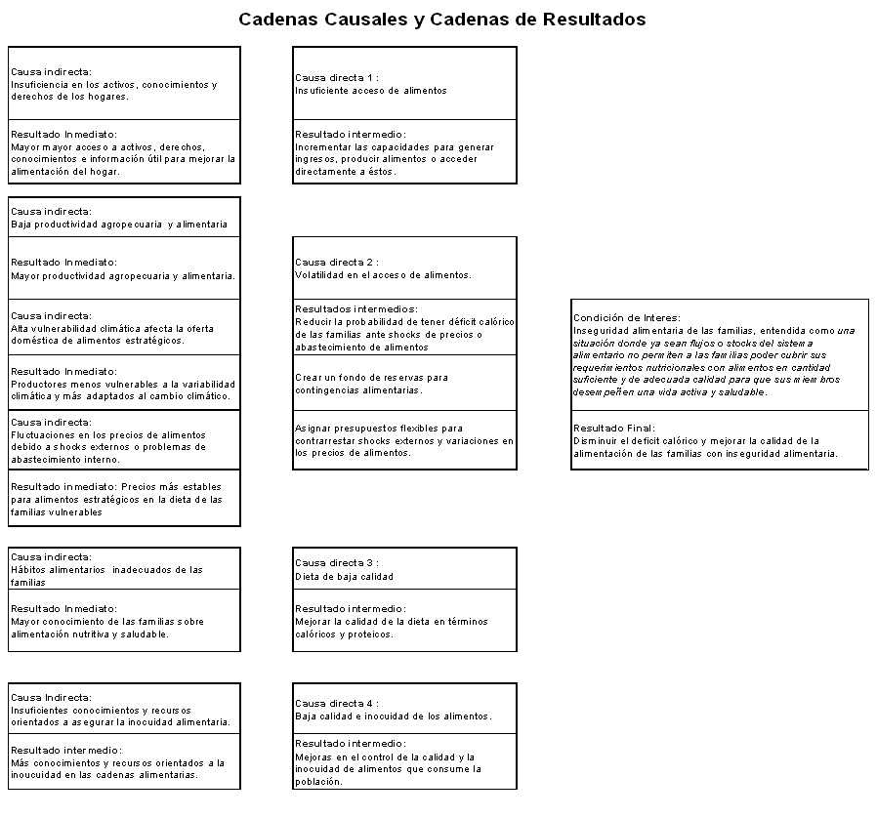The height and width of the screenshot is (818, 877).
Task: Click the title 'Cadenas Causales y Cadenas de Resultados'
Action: pyautogui.click(x=441, y=20)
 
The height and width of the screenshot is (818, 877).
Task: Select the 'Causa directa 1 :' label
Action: pyautogui.click(x=336, y=78)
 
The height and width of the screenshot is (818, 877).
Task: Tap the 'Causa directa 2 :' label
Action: pyautogui.click(x=336, y=263)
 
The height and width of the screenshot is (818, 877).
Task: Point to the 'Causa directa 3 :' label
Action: pyautogui.click(x=336, y=563)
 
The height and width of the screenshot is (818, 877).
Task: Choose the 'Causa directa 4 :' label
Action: pyautogui.click(x=336, y=704)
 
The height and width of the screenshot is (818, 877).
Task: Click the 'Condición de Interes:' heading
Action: pyautogui.click(x=626, y=318)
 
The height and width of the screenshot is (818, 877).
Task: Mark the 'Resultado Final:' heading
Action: pyautogui.click(x=613, y=429)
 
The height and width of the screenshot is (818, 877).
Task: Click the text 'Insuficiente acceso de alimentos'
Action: pyautogui.click(x=371, y=91)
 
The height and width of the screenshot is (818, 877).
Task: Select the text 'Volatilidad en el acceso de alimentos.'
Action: pyautogui.click(x=383, y=275)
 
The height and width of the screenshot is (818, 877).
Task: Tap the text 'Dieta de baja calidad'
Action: pyautogui.click(x=345, y=577)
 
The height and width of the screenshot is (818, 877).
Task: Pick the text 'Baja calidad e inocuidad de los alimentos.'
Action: pyautogui.click(x=393, y=716)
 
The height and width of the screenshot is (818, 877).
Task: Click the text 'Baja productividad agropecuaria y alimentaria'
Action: pyautogui.click(x=119, y=225)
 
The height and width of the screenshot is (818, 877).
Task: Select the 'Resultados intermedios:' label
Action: pyautogui.click(x=355, y=309)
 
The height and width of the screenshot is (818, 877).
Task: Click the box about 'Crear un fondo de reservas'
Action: pyautogui.click(x=404, y=383)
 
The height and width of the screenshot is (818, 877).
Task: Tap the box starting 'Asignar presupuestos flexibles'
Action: pyautogui.click(x=404, y=440)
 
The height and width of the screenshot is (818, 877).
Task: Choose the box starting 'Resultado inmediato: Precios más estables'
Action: pyautogui.click(x=124, y=499)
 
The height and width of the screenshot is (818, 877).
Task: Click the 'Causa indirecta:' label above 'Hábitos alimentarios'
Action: pyautogui.click(x=52, y=557)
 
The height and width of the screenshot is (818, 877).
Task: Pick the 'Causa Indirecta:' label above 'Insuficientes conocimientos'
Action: pyautogui.click(x=52, y=698)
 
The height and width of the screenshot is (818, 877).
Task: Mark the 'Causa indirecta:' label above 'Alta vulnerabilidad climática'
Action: pyautogui.click(x=52, y=316)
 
